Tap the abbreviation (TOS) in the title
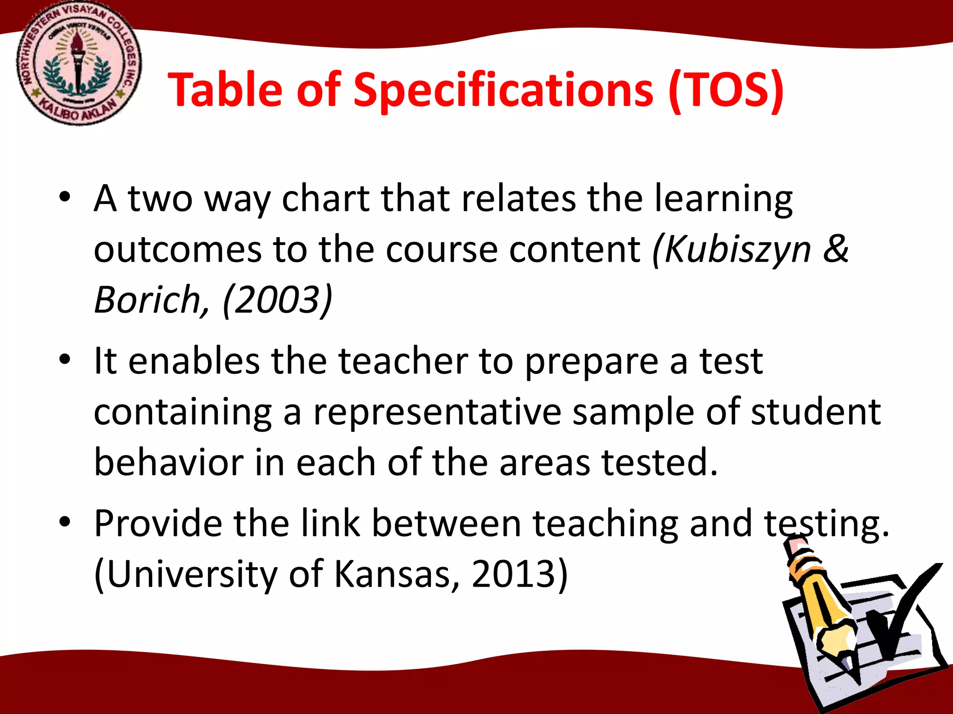(x=726, y=91)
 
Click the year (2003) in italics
(x=277, y=300)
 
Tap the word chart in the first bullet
(x=326, y=199)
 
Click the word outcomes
(x=178, y=250)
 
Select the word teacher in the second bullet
(x=403, y=361)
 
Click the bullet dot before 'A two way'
(x=65, y=197)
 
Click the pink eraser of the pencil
(x=795, y=546)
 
